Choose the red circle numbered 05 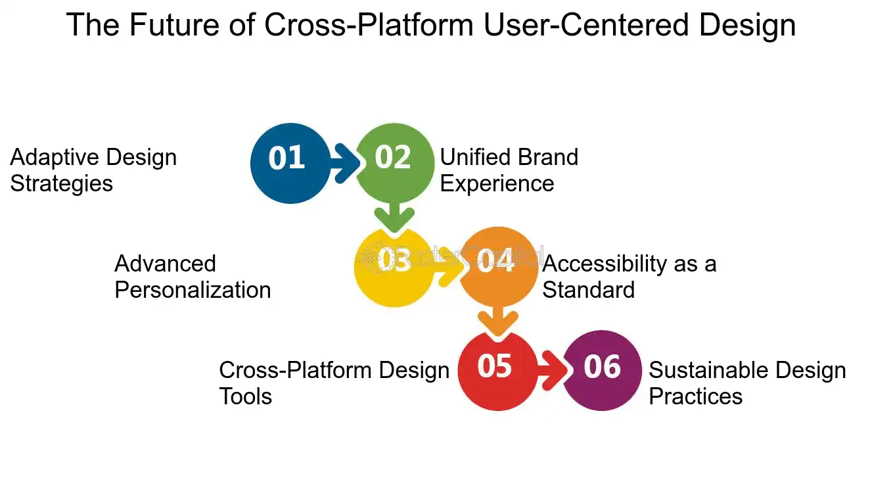496,371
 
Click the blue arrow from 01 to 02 344,162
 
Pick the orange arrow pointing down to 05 497,320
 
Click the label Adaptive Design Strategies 93,170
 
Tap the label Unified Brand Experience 509,170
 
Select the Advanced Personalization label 193,277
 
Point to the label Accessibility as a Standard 629,277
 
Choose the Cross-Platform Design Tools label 334,383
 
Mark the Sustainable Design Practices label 747,383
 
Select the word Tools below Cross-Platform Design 246,396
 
